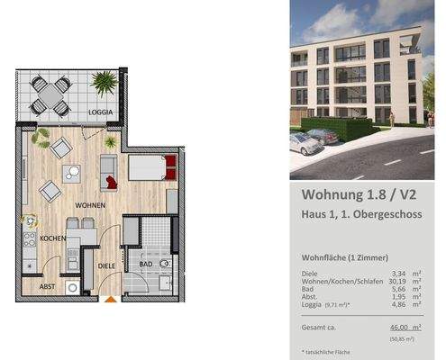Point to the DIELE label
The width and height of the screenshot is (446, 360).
pyautogui.click(x=106, y=265)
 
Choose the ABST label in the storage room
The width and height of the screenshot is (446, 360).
pyautogui.click(x=47, y=286)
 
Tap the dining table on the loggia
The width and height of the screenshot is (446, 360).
pyautogui.click(x=50, y=93)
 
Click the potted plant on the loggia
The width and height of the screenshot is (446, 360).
pyautogui.click(x=105, y=84)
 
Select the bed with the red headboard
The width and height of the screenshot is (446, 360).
pyautogui.click(x=148, y=167)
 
